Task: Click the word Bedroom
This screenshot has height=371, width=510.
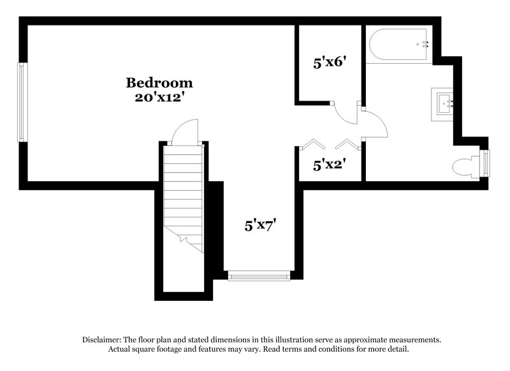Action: tap(159, 82)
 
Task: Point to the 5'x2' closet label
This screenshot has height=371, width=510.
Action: tap(329, 164)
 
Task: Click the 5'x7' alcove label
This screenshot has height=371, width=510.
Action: tap(259, 225)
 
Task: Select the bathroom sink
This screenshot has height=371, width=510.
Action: tap(446, 103)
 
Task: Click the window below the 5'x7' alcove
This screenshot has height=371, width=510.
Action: tap(259, 275)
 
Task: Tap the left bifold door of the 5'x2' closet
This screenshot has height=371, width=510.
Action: tap(313, 143)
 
